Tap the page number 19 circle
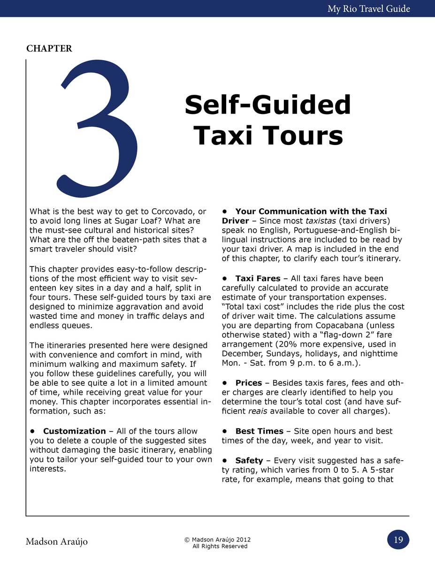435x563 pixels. [398, 540]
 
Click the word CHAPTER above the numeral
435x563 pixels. [49, 48]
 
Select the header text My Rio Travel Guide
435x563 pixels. [369, 8]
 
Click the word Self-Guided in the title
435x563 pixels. [267, 105]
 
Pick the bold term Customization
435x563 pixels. [75, 431]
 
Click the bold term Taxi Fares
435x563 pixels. [258, 278]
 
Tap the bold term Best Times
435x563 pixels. [259, 431]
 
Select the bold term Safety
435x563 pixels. [249, 460]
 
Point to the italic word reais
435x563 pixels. [258, 411]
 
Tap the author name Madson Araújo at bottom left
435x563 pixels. [57, 541]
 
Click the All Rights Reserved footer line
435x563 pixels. [220, 546]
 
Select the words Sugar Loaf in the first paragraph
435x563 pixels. [123, 221]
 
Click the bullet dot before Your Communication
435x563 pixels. [225, 211]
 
